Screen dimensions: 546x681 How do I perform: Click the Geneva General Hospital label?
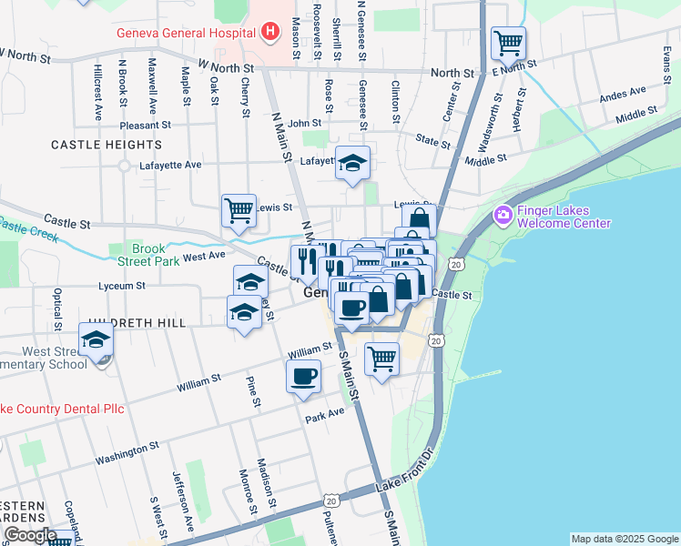(184, 34)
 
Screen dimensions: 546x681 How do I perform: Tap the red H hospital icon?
(269, 34)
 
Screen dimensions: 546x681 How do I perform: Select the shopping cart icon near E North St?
(508, 42)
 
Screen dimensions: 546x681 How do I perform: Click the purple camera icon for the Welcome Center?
(502, 216)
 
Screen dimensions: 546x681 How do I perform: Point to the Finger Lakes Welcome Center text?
(563, 216)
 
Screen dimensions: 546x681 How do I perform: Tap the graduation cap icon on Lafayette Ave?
(352, 163)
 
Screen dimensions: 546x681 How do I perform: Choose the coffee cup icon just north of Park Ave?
(303, 375)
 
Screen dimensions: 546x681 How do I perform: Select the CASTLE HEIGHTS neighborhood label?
(107, 145)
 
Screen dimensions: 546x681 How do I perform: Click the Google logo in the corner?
(30, 534)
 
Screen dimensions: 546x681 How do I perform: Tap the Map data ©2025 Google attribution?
(624, 539)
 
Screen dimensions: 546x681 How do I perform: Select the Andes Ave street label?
(622, 94)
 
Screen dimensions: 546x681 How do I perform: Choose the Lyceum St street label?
(122, 286)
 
